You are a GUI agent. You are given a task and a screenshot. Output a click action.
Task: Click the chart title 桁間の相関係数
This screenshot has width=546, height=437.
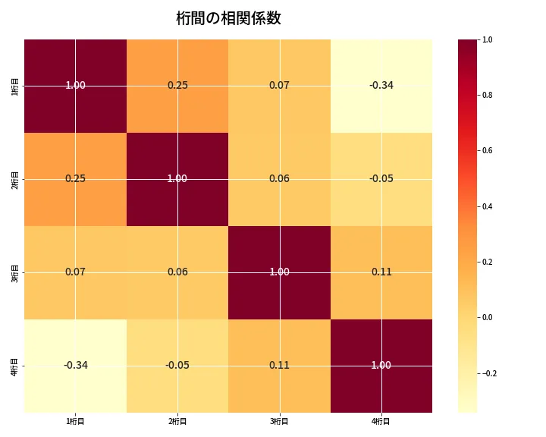(x=228, y=18)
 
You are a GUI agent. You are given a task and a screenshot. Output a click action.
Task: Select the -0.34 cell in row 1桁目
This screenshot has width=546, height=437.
(x=381, y=85)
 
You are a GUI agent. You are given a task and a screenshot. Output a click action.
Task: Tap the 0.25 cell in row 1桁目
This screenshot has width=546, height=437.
(x=177, y=85)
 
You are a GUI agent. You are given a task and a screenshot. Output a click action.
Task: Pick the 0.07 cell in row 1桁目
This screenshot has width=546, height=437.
(x=279, y=85)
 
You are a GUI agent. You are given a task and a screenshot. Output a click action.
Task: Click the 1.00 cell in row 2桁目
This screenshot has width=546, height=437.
(x=177, y=178)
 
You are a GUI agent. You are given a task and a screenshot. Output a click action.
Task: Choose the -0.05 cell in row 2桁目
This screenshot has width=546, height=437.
(x=381, y=178)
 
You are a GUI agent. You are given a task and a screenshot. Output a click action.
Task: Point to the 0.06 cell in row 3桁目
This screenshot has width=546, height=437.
(x=177, y=272)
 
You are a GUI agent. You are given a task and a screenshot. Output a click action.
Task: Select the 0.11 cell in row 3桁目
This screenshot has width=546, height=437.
(x=381, y=272)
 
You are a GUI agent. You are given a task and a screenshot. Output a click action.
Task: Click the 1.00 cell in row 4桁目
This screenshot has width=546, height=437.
(x=381, y=365)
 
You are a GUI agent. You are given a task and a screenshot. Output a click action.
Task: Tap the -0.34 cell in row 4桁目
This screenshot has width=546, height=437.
(x=76, y=365)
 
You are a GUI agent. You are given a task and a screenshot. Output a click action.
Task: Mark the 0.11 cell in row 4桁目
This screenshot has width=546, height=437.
(x=279, y=365)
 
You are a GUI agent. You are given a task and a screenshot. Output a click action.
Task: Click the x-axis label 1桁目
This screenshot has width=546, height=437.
(x=76, y=421)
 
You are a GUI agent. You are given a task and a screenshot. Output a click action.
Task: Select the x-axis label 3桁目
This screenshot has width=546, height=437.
(x=279, y=421)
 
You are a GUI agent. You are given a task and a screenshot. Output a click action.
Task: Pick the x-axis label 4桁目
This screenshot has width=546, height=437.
(x=381, y=421)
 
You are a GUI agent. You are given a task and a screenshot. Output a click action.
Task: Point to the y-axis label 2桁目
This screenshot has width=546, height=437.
(x=15, y=179)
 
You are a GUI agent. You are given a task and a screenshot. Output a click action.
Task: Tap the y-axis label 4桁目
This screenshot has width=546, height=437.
(x=15, y=366)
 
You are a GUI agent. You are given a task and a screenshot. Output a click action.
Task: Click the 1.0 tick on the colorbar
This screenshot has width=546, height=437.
(x=488, y=39)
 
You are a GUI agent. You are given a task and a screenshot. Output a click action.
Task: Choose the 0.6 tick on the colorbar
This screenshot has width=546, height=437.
(x=488, y=150)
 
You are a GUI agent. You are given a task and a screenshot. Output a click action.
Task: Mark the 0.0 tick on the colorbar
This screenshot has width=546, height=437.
(x=488, y=317)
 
